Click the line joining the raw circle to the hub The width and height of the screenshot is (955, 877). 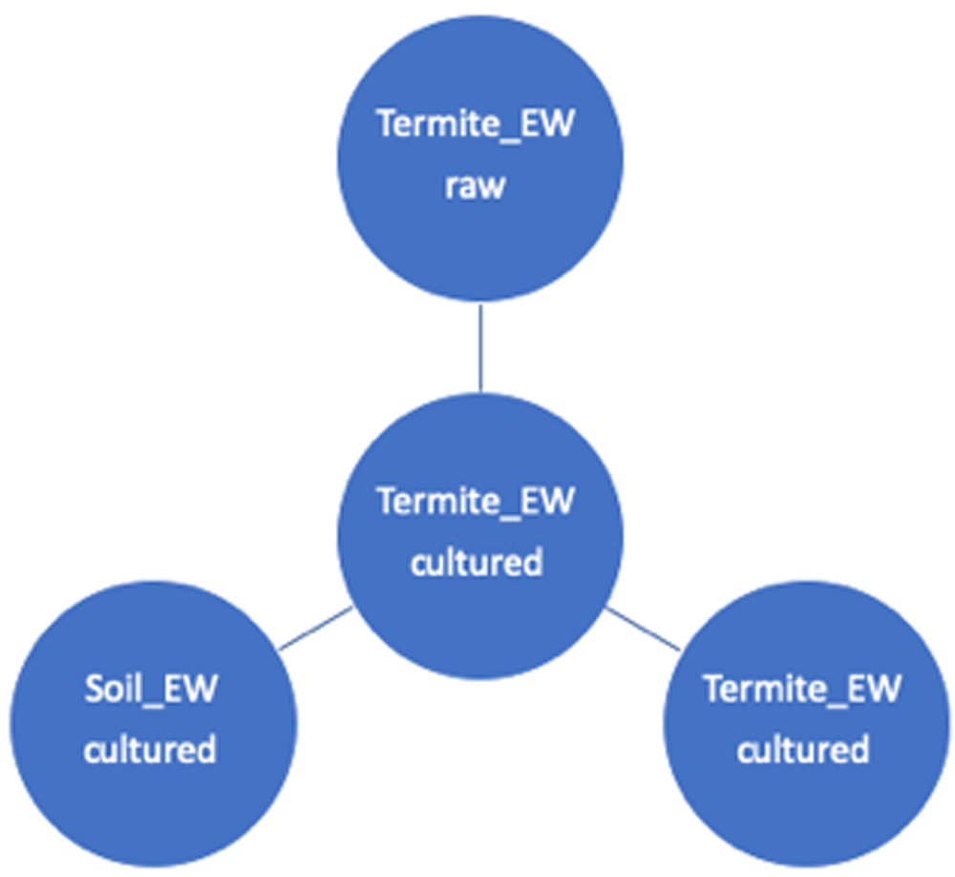point(480,348)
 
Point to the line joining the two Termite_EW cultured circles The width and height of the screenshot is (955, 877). point(642,629)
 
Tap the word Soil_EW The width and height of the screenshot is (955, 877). point(150,690)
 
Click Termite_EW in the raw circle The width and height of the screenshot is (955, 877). point(475,125)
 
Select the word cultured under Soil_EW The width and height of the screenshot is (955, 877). point(150,750)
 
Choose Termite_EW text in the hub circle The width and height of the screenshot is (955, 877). point(475,502)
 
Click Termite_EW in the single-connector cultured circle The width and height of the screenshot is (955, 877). point(802,689)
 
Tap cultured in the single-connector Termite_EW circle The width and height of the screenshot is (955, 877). point(802,750)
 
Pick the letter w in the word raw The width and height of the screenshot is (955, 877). point(492,187)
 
